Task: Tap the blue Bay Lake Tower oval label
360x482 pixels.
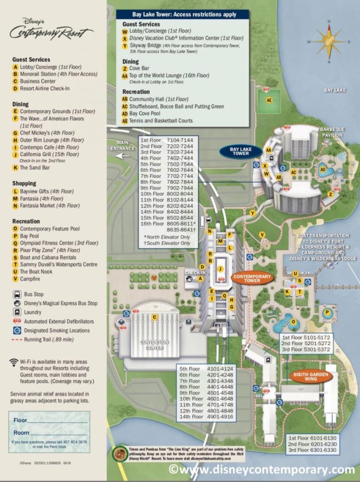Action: point(240,151)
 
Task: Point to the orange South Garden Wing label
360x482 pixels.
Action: point(311,376)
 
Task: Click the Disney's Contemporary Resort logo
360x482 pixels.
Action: point(51,30)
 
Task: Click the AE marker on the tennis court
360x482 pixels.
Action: point(269,100)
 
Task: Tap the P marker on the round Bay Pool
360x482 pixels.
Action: point(327,312)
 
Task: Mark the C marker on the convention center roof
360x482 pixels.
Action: point(154,317)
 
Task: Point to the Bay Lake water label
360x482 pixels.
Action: point(335,89)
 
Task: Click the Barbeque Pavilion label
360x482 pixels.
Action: point(332,132)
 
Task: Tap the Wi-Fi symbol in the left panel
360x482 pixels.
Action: point(14,362)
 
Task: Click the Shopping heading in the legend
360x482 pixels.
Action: point(24,183)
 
